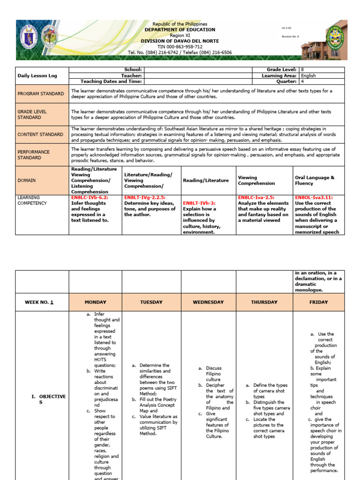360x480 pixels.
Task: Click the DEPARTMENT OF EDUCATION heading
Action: coord(180,30)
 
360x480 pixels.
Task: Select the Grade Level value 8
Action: coord(302,69)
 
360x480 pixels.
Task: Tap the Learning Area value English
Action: coord(308,75)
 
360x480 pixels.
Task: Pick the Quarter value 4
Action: coord(302,81)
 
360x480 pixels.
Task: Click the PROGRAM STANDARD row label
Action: coord(41,94)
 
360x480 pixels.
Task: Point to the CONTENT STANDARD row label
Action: coord(40,135)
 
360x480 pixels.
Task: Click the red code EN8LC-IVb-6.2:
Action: coord(90,198)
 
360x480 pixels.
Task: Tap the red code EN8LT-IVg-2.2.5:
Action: coord(145,198)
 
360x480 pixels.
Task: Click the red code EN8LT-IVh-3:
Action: coord(199,203)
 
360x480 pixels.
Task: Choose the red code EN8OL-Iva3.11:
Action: coord(314,198)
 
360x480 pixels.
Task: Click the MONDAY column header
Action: coord(95,302)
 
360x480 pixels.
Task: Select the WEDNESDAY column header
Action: coord(208,302)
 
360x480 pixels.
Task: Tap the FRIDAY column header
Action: coord(319,302)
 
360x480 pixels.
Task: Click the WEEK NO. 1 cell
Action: coord(39,302)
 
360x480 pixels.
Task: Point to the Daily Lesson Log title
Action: coord(37,75)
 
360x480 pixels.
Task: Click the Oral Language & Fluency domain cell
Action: coord(315,180)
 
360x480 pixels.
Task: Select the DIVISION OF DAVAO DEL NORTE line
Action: coord(180,41)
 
